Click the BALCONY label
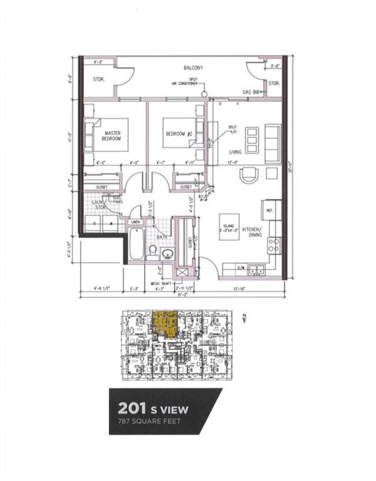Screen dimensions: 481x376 point(194,67)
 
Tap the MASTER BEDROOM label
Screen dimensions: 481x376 point(113,135)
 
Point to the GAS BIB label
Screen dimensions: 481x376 point(251,92)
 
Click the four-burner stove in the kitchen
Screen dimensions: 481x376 point(274,244)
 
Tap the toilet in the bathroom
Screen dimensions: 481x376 point(152,252)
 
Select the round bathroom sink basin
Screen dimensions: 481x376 point(167,254)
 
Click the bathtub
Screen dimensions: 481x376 point(135,246)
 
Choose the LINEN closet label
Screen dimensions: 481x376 point(135,222)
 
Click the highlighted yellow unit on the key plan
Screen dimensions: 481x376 point(165,324)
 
